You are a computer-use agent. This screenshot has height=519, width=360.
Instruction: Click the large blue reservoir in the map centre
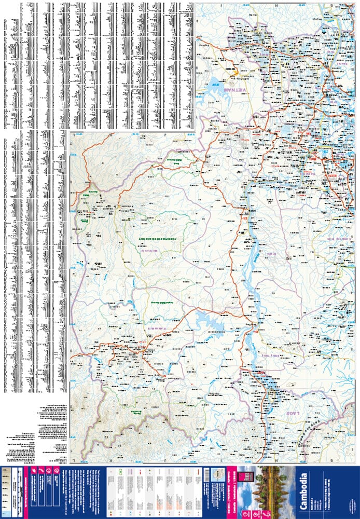tap(207, 322)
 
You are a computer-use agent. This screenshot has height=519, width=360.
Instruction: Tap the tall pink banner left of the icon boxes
tap(29, 490)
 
